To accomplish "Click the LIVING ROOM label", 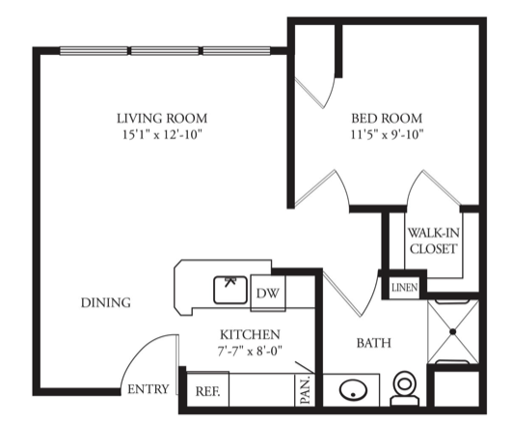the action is pos(162,118).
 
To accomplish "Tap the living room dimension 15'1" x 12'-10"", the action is pos(162,134).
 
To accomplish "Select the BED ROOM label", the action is pos(387,118).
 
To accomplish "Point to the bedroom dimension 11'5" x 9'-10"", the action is pos(387,134).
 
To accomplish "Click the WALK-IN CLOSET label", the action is pos(433,240).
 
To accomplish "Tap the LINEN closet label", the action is pos(405,288).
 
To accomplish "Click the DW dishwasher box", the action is pos(268,294).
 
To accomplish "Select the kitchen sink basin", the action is pos(230,290).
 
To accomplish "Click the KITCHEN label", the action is pos(250,334).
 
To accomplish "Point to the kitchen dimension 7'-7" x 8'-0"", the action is pos(250,351).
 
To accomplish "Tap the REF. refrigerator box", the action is pos(207,389).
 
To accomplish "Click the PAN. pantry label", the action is pos(305,390).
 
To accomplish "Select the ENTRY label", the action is pos(148,389).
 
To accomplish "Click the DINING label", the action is pos(106,303).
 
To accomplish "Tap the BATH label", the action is pos(374,343).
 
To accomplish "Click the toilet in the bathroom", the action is pos(405,388).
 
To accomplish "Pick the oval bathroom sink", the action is pos(353,390).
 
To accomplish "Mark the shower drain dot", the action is pos(453,331).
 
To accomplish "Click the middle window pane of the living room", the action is pos(165,51).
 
